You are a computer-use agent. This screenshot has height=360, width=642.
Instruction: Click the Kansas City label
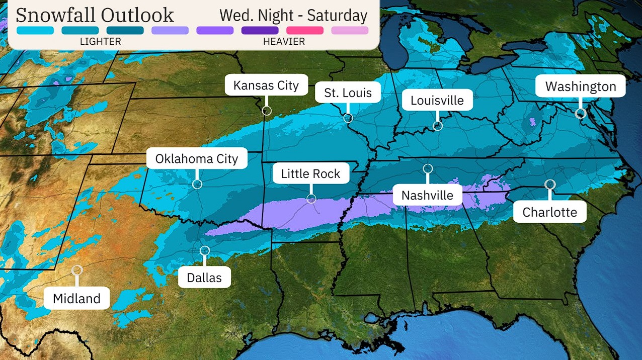pyautogui.click(x=266, y=85)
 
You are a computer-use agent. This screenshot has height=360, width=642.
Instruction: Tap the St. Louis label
pyautogui.click(x=348, y=93)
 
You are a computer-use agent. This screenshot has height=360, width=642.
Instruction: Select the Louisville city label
pyautogui.click(x=437, y=100)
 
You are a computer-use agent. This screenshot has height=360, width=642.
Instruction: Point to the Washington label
pyautogui.click(x=581, y=86)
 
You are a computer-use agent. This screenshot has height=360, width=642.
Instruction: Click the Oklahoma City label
pyautogui.click(x=197, y=159)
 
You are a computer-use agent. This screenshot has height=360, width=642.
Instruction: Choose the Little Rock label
pyautogui.click(x=311, y=174)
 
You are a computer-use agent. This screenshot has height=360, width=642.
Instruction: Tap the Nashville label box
pyautogui.click(x=428, y=195)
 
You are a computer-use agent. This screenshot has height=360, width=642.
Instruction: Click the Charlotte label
pyautogui.click(x=550, y=212)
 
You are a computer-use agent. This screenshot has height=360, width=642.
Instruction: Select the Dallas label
pyautogui.click(x=204, y=277)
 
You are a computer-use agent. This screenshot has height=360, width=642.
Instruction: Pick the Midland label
pyautogui.click(x=76, y=298)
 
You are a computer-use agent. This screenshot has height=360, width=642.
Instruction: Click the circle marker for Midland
pyautogui.click(x=77, y=269)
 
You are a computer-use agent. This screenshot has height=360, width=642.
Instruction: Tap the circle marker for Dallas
pyautogui.click(x=204, y=250)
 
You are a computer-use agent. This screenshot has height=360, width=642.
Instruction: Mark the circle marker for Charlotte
pyautogui.click(x=550, y=185)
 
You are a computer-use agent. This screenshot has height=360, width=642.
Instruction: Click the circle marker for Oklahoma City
pyautogui.click(x=197, y=184)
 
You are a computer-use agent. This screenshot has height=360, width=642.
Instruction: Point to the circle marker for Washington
pyautogui.click(x=581, y=114)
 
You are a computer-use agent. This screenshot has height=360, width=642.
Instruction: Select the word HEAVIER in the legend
pyautogui.click(x=284, y=42)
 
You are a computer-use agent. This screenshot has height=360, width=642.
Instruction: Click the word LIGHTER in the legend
pyautogui.click(x=101, y=42)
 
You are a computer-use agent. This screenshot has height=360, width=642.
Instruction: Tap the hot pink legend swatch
pyautogui.click(x=305, y=30)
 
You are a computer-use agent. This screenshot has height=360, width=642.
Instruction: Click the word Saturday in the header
pyautogui.click(x=338, y=15)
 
